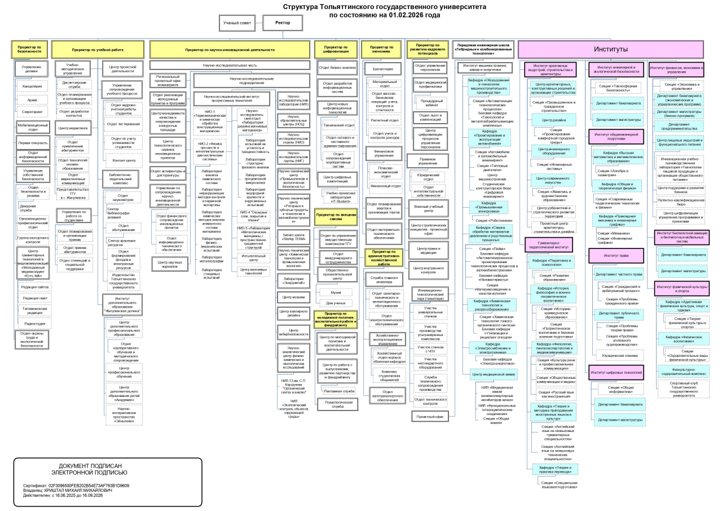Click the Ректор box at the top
(x=283, y=23)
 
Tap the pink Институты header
(x=610, y=49)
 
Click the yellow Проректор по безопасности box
(x=29, y=49)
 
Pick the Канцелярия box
(x=33, y=86)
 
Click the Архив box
(x=33, y=99)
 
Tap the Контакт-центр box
(x=124, y=160)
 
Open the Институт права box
(x=616, y=255)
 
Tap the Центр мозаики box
(x=293, y=296)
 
